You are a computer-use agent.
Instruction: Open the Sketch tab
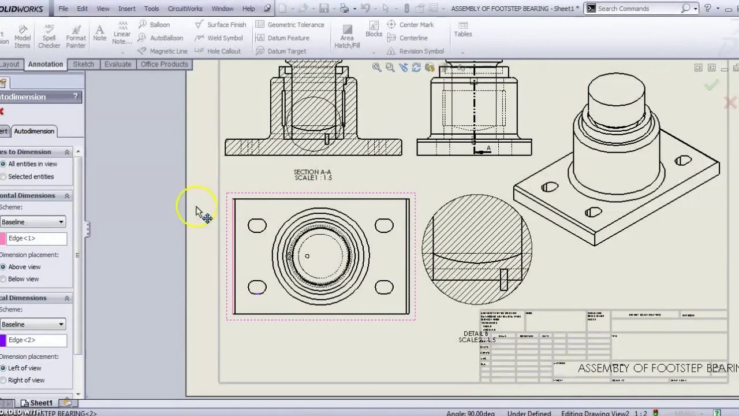coord(83,64)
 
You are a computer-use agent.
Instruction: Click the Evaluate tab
coord(118,64)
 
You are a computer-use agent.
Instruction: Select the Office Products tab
coord(165,64)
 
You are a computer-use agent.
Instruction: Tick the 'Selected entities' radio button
coord(3,177)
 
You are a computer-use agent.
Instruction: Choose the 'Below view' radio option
coord(3,279)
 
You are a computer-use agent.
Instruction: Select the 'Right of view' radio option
coord(3,380)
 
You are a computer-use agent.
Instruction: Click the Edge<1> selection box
coord(36,238)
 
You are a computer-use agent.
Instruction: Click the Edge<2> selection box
coord(36,340)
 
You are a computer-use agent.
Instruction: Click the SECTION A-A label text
coord(312,172)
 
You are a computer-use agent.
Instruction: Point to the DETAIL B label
coord(476,334)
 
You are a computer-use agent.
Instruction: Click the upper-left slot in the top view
coord(257,226)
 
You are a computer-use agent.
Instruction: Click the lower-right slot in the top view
coord(384,287)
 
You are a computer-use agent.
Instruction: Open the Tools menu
coord(151,9)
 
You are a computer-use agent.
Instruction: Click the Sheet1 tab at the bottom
coord(40,403)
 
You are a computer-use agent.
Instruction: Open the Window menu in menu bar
coord(222,9)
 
